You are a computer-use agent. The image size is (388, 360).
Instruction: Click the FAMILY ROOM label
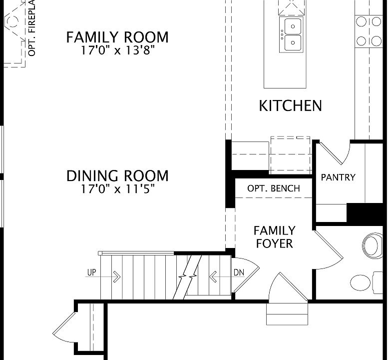[x=117, y=37]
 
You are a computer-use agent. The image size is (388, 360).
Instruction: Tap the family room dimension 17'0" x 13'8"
[x=118, y=50]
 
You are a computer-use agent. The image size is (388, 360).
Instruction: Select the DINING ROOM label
[x=117, y=176]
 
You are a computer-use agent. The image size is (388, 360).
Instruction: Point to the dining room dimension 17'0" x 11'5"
[x=118, y=189]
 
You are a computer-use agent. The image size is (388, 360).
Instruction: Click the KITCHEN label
[x=290, y=106]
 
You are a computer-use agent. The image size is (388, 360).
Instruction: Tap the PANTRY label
[x=338, y=177]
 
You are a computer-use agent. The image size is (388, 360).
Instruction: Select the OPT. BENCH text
[x=274, y=188]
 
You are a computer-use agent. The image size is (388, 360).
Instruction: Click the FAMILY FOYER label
[x=275, y=237]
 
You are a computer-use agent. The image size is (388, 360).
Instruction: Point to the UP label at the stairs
[x=91, y=273]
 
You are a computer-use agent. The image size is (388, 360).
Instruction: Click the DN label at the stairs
[x=239, y=273]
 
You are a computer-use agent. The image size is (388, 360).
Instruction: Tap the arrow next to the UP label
[x=103, y=276]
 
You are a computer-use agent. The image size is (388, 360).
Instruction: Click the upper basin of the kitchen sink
[x=293, y=26]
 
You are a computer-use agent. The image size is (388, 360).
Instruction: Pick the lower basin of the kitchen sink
[x=293, y=42]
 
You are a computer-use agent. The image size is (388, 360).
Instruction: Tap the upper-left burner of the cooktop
[x=361, y=21]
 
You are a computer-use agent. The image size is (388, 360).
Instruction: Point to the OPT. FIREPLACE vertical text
[x=32, y=28]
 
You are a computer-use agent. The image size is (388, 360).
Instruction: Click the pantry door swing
[x=335, y=152]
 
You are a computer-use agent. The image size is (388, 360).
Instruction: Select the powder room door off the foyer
[x=329, y=249]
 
